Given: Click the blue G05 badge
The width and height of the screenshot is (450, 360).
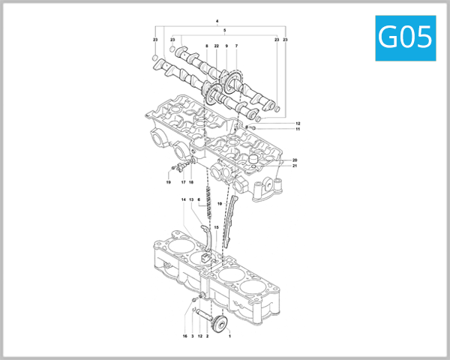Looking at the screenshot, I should pyautogui.click(x=405, y=37).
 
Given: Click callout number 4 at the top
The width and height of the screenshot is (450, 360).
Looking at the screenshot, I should pyautogui.click(x=217, y=21).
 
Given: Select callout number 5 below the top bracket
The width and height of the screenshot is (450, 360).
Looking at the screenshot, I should pyautogui.click(x=224, y=29).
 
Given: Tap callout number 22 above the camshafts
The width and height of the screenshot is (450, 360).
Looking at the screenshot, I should pyautogui.click(x=216, y=46).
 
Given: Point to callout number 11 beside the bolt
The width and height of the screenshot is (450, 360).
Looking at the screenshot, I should pyautogui.click(x=297, y=130).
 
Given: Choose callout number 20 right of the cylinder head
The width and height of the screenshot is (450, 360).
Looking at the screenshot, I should pyautogui.click(x=295, y=160).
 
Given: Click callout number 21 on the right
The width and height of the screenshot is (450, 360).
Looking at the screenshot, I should pyautogui.click(x=295, y=166).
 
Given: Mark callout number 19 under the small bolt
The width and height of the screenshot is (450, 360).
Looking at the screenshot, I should pyautogui.click(x=169, y=182).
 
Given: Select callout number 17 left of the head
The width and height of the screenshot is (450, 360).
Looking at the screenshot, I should pyautogui.click(x=182, y=182).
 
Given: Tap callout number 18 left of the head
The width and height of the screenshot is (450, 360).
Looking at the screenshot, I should pyautogui.click(x=190, y=182).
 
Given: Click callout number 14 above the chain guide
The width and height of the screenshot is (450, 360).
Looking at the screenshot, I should pyautogui.click(x=183, y=199).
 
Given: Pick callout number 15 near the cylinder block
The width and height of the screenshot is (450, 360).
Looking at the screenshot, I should pyautogui.click(x=216, y=227).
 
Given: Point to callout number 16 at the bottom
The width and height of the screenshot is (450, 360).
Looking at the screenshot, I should pyautogui.click(x=184, y=337).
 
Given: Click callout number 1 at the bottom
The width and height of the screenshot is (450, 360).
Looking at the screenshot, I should pyautogui.click(x=229, y=337).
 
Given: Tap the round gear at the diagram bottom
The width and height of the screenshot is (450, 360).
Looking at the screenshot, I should pyautogui.click(x=220, y=324).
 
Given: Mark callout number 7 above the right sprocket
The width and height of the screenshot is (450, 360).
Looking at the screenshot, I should pyautogui.click(x=236, y=46).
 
